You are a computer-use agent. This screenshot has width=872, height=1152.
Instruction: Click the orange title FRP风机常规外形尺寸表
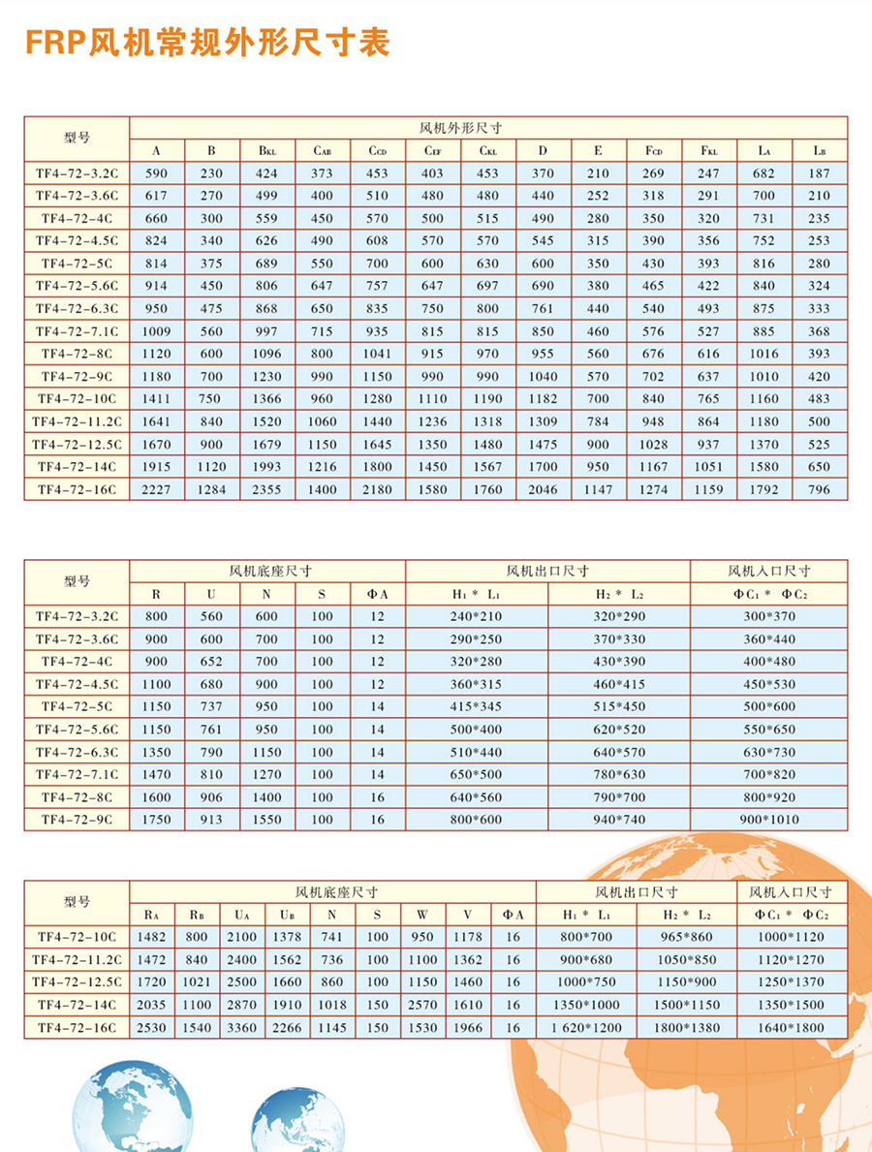207,43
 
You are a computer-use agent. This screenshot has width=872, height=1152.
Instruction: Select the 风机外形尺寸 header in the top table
487,128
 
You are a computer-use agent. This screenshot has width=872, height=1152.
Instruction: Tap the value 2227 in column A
156,489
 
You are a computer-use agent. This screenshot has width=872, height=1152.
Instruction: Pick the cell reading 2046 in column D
543,489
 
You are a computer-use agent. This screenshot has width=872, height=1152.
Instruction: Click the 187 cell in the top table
819,173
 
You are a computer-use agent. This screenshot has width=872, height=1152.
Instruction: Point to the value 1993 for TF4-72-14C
266,467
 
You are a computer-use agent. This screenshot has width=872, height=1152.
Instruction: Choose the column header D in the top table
543,150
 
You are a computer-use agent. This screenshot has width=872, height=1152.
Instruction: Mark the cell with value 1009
156,331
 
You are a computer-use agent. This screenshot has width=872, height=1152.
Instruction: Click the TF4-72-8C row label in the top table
77,354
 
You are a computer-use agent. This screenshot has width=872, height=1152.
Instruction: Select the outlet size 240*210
478,616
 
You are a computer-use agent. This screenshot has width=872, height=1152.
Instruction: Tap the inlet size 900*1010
769,820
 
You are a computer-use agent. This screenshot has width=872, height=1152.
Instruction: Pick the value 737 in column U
211,706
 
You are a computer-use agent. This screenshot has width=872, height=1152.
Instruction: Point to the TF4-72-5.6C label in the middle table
77,730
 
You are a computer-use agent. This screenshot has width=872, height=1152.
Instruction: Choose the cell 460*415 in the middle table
620,684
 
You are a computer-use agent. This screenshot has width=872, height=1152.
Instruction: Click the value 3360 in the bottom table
242,1027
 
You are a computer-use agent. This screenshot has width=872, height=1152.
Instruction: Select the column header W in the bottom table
422,915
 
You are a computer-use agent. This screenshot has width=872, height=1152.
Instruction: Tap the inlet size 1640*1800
793,1027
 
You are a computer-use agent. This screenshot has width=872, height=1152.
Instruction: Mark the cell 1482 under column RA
151,937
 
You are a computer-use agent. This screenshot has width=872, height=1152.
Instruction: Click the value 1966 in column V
467,1027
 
